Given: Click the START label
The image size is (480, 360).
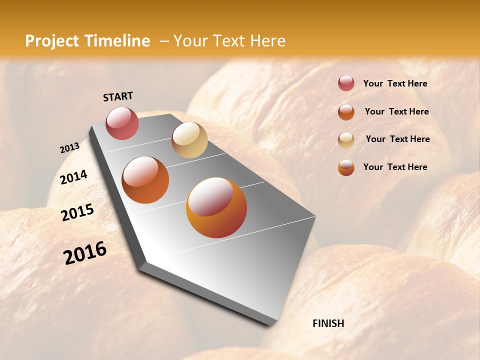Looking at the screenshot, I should [118, 96].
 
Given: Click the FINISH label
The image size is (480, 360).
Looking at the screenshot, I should [328, 323].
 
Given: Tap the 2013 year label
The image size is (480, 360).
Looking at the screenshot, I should [69, 148].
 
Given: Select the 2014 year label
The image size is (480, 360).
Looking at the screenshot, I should [73, 177].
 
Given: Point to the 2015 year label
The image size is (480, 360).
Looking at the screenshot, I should [77, 212].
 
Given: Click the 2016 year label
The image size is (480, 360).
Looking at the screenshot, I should [85, 252].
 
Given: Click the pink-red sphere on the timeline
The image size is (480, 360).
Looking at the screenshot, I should [122, 123].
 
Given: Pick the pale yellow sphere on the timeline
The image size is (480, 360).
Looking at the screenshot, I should [189, 140].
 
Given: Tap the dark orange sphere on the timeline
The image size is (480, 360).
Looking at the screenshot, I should [145, 180].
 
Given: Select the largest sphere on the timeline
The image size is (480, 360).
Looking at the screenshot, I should [216, 207].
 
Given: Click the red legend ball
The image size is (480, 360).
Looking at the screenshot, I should [346, 83].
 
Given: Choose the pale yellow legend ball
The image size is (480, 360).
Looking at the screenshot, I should [346, 139].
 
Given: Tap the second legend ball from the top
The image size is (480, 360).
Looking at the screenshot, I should [346, 111].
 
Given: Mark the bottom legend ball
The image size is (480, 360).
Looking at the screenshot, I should [346, 167].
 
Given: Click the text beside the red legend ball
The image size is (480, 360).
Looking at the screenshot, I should [395, 83].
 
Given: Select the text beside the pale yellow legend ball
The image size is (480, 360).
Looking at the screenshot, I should [397, 139].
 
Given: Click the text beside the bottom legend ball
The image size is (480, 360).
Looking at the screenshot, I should [395, 167].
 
